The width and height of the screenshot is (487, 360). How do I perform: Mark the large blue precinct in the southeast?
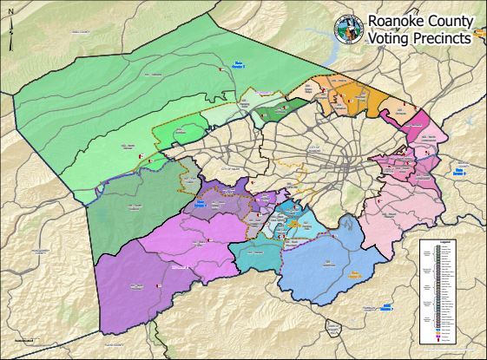point(326,260)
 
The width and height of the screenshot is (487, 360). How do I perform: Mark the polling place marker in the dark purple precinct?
point(159,285)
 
